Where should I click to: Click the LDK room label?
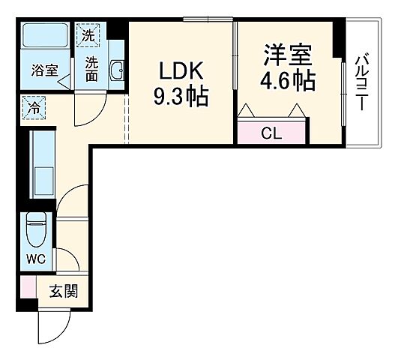[181, 70]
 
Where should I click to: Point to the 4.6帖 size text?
[287, 81]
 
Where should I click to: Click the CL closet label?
[271, 133]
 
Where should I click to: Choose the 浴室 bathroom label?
[43, 71]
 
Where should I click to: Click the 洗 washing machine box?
[89, 34]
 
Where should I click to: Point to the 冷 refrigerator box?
[33, 106]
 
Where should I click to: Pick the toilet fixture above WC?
[35, 228]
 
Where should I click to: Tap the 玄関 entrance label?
[63, 291]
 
